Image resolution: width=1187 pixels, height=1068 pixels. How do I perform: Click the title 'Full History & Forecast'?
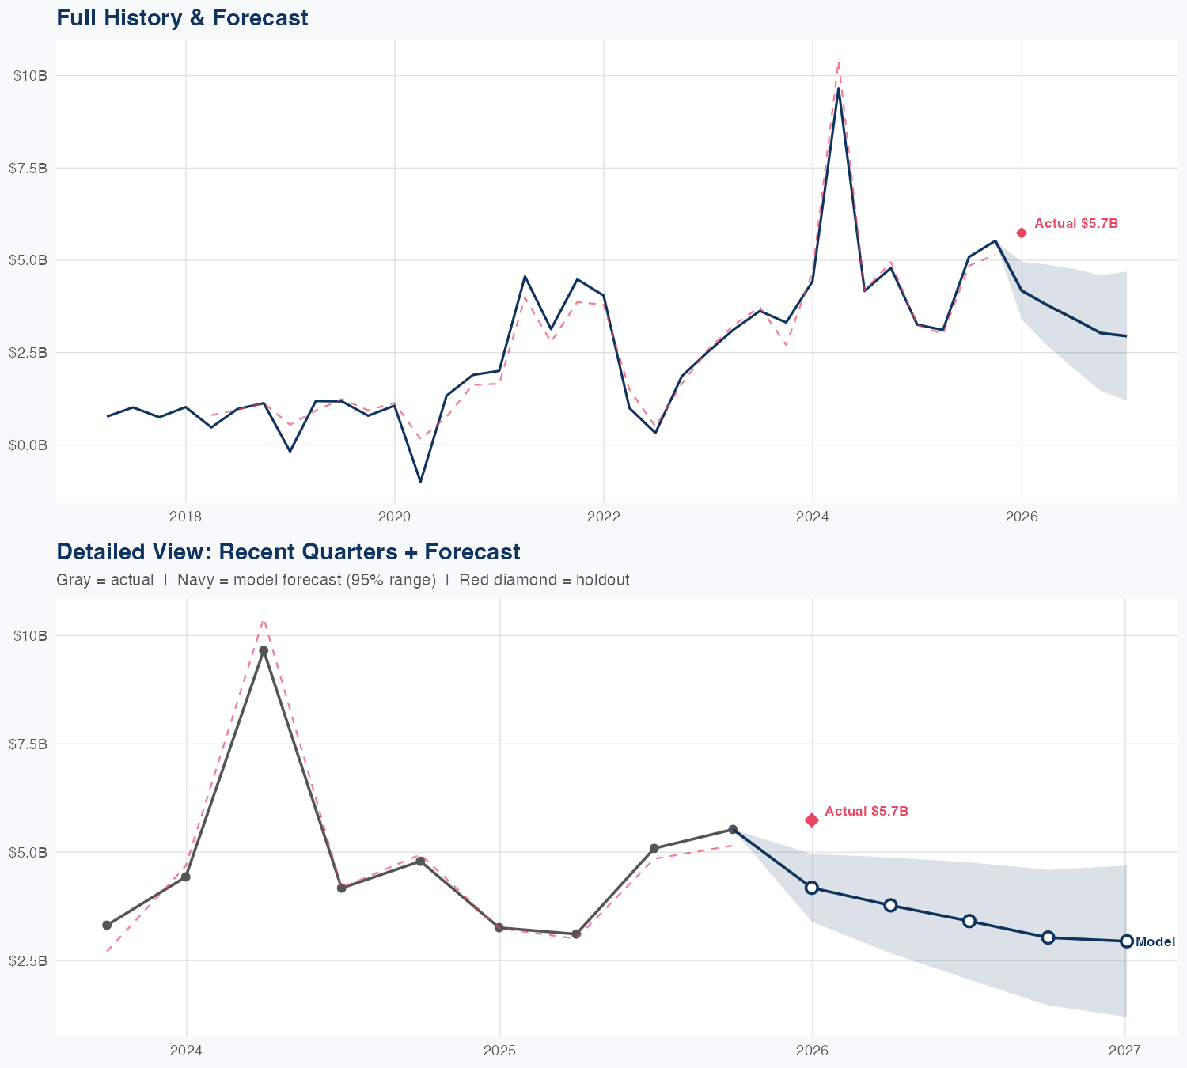[x=182, y=17]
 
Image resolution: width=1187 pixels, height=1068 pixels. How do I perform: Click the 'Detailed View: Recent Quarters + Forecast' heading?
[x=288, y=551]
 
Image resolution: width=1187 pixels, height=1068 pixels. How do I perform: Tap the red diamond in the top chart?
[x=1022, y=233]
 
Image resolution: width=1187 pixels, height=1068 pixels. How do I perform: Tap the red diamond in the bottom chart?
[x=811, y=820]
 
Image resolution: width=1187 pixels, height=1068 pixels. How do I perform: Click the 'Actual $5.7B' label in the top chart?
[x=1075, y=224]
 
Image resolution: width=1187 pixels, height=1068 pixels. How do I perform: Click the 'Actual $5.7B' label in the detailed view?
[x=866, y=812]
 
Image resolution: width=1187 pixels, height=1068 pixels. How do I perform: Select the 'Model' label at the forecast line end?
[x=1155, y=942]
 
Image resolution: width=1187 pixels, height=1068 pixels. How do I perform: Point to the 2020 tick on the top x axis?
[x=394, y=517]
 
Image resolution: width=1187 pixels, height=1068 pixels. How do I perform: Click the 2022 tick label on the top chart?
[x=603, y=517]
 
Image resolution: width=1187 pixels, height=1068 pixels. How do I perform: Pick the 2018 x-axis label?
[x=185, y=517]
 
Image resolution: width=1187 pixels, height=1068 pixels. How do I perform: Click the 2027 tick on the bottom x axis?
[x=1124, y=1051]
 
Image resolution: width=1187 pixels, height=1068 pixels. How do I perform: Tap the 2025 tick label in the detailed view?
[x=499, y=1051]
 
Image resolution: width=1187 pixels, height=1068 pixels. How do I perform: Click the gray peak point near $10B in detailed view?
[x=264, y=650]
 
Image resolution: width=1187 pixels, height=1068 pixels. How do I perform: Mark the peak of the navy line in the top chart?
[x=838, y=89]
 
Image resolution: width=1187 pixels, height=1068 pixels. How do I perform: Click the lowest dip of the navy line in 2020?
[x=420, y=481]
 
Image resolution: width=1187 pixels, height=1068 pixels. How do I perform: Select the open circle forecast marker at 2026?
[x=811, y=888]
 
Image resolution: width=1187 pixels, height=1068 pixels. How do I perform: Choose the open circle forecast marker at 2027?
[x=1126, y=941]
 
